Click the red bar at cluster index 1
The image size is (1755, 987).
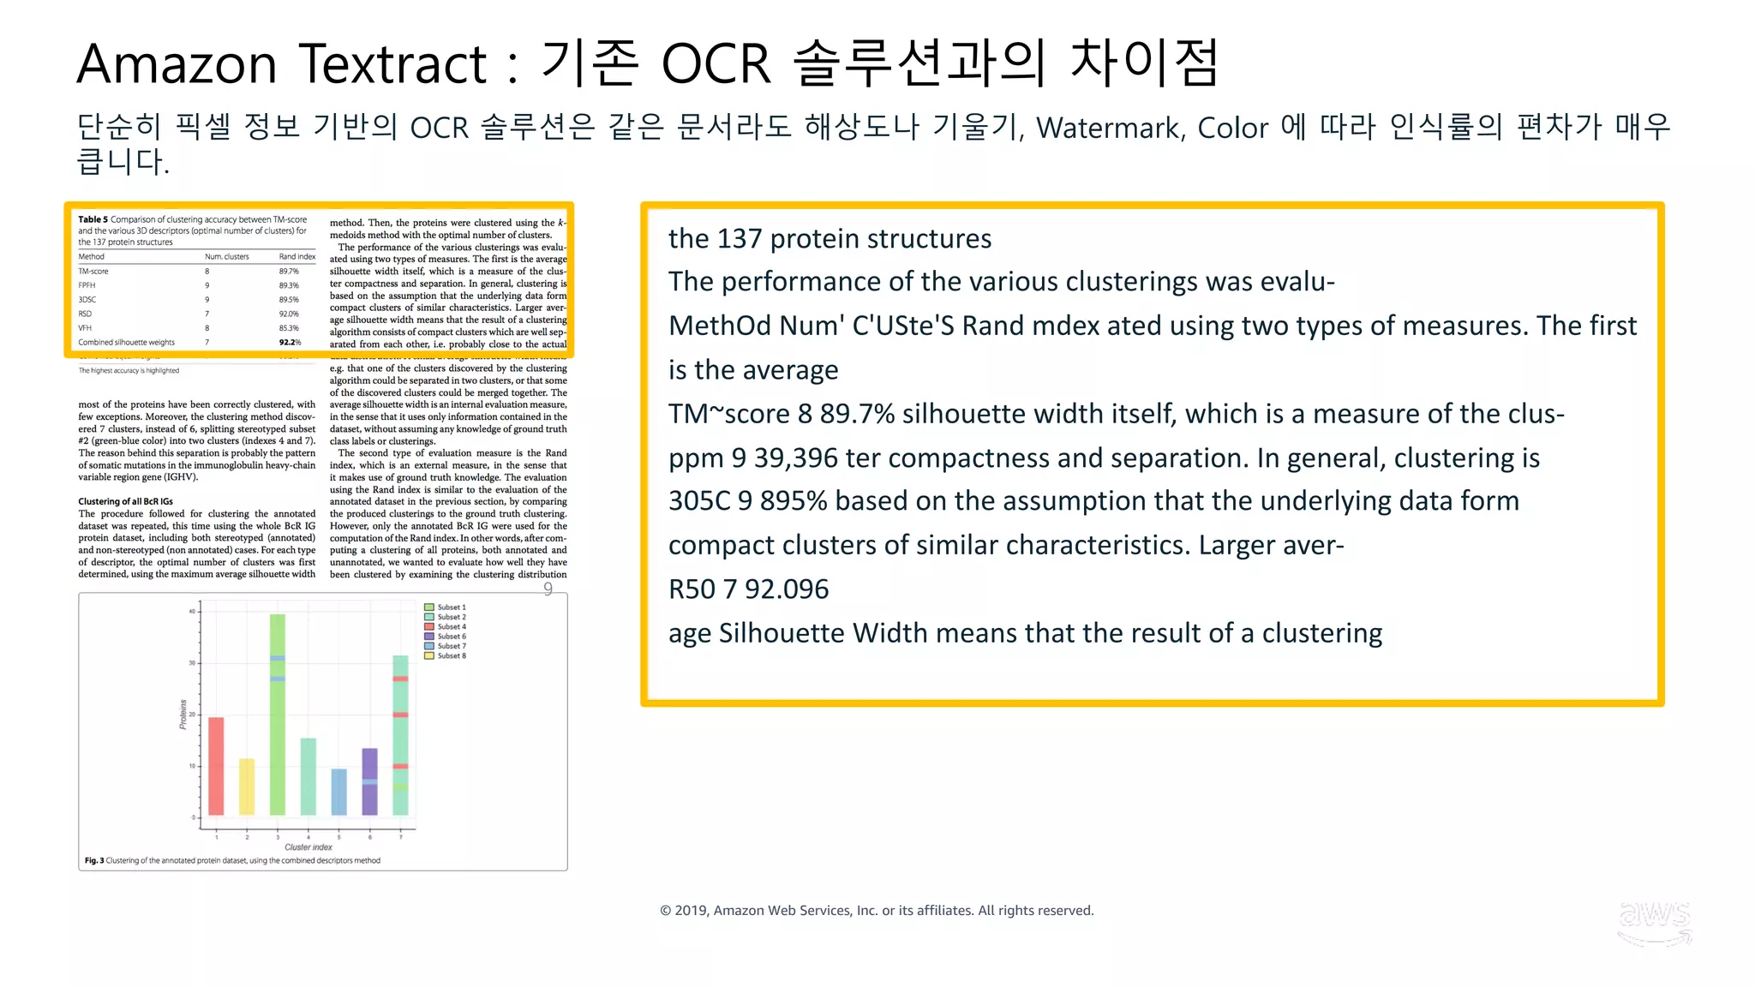coord(216,766)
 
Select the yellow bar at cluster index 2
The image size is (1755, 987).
coord(247,787)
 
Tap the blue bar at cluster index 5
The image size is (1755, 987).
coord(339,792)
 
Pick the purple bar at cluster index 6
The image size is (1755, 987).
coord(369,781)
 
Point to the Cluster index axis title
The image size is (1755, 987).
coord(308,847)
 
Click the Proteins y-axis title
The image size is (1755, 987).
coord(183,714)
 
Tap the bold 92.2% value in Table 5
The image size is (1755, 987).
coord(290,343)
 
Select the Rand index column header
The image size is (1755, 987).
coord(296,257)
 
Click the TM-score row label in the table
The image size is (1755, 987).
coord(93,272)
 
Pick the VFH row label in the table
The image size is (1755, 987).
coord(85,328)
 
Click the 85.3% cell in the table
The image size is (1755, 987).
coord(289,328)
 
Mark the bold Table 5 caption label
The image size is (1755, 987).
coord(93,219)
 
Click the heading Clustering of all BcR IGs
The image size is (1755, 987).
coord(125,501)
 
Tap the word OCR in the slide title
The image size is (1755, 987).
coord(716,63)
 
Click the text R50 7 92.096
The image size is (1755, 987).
coord(748,589)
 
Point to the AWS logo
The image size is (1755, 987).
coord(1655,922)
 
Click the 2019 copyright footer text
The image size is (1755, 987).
coord(877,910)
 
